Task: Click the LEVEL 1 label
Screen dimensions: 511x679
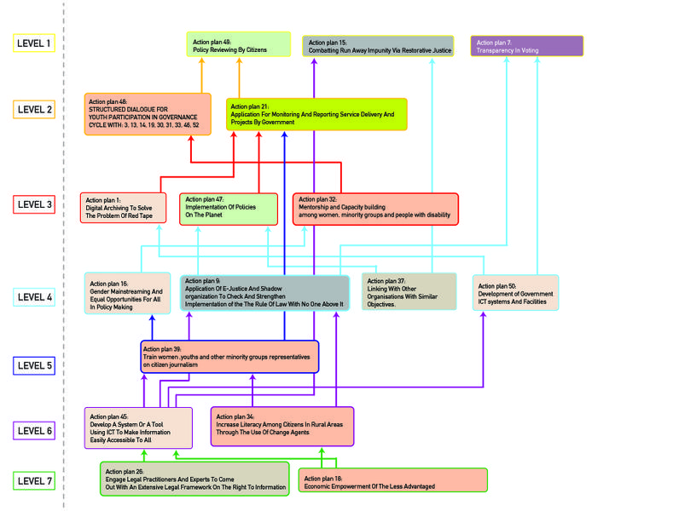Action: pos(35,43)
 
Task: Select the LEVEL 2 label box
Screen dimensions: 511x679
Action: pos(35,108)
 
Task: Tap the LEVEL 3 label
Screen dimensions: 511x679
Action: pos(35,204)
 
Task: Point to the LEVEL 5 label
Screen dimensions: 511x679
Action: pos(35,366)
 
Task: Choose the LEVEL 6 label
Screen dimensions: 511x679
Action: pos(35,431)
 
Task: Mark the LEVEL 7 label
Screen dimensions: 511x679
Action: pos(35,481)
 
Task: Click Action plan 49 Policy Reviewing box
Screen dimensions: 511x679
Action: pos(239,45)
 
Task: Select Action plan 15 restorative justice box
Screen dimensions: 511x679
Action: pos(378,46)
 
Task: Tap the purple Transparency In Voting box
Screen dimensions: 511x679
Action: pos(526,46)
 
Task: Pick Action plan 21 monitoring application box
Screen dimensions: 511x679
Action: pos(316,114)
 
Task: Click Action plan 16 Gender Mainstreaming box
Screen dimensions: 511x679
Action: pos(127,293)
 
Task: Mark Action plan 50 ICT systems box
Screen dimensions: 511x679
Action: pos(515,292)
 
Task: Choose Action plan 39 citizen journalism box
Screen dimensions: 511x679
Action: pos(229,357)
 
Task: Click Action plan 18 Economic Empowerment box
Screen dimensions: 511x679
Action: pos(392,480)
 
